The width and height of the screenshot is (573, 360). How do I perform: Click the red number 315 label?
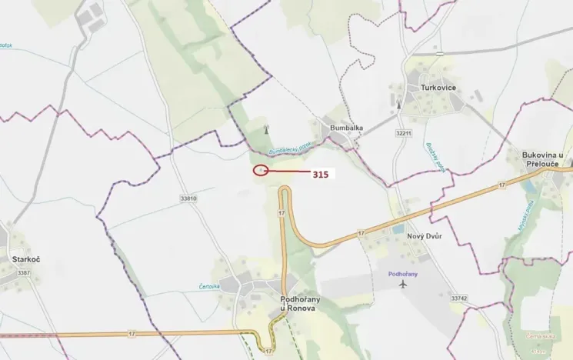click(321, 175)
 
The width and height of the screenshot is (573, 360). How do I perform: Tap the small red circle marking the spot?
click(261, 170)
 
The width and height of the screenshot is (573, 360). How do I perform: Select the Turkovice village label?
click(438, 88)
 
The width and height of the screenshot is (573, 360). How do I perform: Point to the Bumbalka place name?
click(346, 128)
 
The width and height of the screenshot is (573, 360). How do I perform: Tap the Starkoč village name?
click(25, 260)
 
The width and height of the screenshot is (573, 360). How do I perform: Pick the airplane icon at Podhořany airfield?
click(404, 285)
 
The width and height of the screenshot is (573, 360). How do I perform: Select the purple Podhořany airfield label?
click(403, 273)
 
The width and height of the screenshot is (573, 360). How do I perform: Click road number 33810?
click(188, 198)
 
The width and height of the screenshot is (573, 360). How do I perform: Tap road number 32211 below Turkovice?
click(404, 133)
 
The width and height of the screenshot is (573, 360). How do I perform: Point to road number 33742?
click(459, 298)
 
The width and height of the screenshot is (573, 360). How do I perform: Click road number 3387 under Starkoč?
click(23, 273)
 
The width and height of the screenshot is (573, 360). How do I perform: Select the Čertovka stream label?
click(210, 286)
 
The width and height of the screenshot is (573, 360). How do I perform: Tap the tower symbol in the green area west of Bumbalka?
click(266, 128)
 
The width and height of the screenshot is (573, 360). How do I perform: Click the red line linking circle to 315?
click(288, 172)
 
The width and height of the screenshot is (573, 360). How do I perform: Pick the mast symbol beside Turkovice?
click(398, 104)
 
